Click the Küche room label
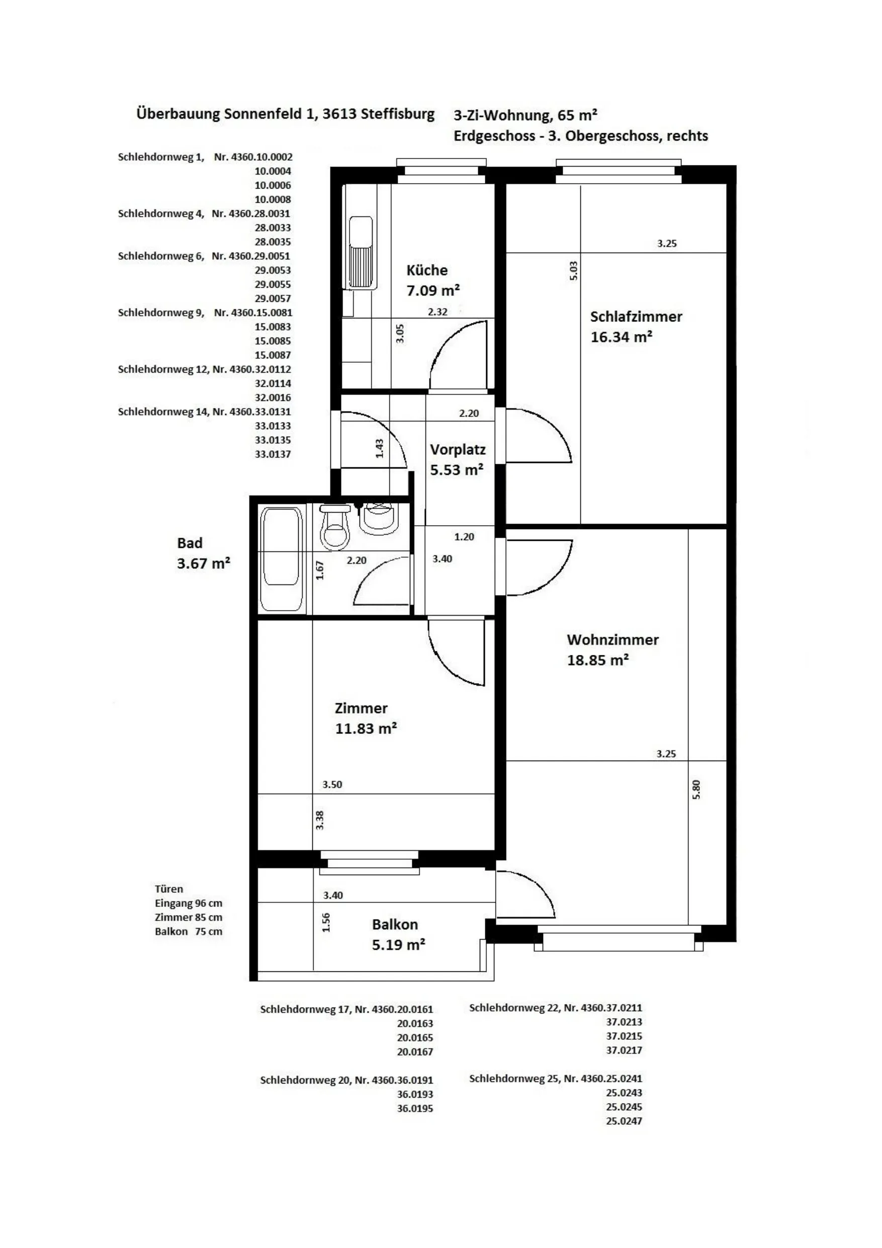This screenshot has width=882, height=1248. [427, 270]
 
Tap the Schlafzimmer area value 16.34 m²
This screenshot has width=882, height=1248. [622, 337]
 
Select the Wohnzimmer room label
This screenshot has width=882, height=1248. [613, 640]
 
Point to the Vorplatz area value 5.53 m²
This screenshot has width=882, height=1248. [457, 470]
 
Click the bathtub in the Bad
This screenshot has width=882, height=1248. [281, 560]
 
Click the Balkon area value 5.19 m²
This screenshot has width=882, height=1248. [398, 945]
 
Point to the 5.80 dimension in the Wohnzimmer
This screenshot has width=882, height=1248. [696, 789]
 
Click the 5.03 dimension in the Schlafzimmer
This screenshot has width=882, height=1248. [574, 271]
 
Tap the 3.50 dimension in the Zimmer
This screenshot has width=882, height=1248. [332, 784]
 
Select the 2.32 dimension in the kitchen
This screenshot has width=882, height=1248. [437, 312]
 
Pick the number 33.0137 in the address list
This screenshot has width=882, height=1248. [273, 454]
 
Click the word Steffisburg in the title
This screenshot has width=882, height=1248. [398, 114]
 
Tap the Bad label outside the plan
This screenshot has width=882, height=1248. [190, 543]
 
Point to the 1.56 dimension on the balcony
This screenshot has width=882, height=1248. [326, 922]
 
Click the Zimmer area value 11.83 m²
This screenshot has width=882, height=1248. [366, 728]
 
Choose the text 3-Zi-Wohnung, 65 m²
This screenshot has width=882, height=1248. [525, 115]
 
